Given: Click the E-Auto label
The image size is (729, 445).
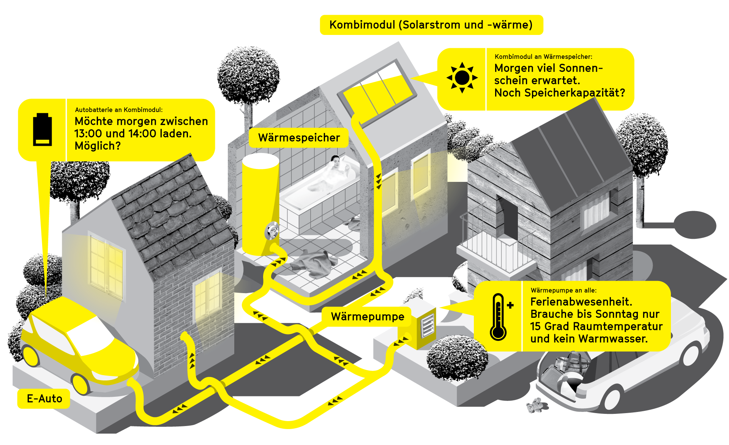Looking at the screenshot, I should pyautogui.click(x=44, y=399).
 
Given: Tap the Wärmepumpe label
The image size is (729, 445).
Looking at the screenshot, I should pyautogui.click(x=367, y=317).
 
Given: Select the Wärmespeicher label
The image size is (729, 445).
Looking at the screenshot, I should pyautogui.click(x=299, y=137).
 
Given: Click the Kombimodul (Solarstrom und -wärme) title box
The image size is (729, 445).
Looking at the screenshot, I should pyautogui.click(x=431, y=25).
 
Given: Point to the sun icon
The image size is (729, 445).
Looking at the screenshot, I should pyautogui.click(x=462, y=78).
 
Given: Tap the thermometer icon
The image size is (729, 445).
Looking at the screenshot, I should pyautogui.click(x=499, y=317).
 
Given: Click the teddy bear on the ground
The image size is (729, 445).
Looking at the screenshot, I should pyautogui.click(x=535, y=405).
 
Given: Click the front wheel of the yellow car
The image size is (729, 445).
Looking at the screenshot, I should pyautogui.click(x=80, y=383).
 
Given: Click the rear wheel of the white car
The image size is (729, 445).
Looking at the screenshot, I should pyautogui.click(x=611, y=399).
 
